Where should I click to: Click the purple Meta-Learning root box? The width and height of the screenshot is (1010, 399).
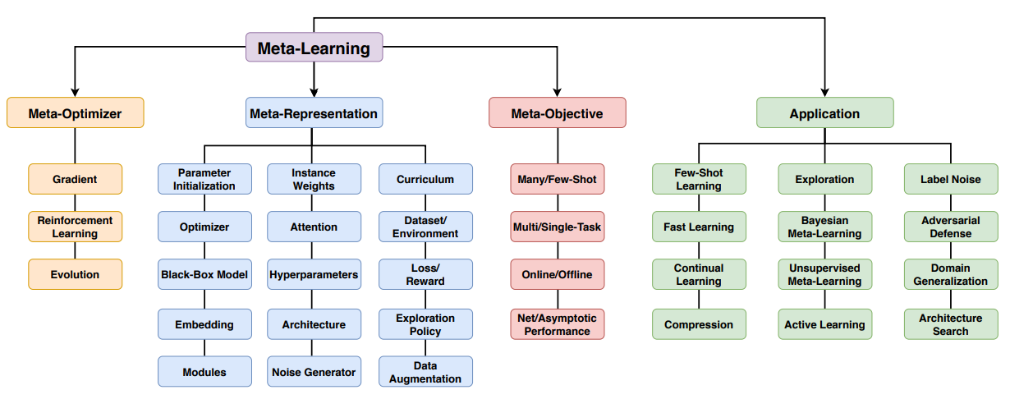click(314, 47)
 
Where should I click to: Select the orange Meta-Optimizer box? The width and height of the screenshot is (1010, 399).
click(76, 112)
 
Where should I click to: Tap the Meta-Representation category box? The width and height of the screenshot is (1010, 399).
click(314, 112)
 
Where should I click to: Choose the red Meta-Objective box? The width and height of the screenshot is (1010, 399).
click(558, 112)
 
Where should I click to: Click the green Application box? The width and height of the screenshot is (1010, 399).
click(824, 112)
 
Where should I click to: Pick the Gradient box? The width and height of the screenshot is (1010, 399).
click(76, 179)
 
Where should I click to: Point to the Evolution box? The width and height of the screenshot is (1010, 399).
click(76, 274)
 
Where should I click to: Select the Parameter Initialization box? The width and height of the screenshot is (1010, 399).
click(204, 179)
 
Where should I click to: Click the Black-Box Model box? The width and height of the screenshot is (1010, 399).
click(204, 274)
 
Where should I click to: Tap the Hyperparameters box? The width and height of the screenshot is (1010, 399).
click(314, 274)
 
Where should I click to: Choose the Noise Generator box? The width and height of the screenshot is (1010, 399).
click(314, 372)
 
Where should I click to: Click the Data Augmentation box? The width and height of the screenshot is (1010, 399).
click(425, 372)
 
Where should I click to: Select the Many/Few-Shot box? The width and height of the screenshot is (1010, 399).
click(558, 179)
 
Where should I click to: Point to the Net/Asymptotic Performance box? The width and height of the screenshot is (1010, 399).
click(558, 324)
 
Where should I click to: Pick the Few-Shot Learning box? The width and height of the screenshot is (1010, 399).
click(699, 179)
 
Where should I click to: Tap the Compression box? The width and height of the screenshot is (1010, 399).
click(699, 324)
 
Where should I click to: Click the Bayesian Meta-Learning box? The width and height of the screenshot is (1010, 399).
click(824, 227)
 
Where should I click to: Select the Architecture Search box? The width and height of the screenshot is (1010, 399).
click(951, 324)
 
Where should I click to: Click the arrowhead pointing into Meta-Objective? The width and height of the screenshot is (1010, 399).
click(558, 93)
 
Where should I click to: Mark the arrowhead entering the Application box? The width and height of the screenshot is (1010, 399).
click(824, 93)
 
